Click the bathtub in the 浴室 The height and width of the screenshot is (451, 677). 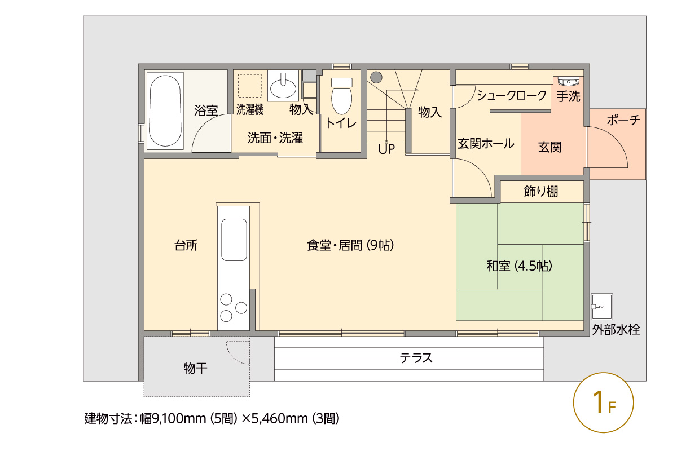[x=165, y=110]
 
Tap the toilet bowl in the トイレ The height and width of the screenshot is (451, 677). [x=342, y=96]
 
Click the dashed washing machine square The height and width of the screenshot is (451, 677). [x=250, y=86]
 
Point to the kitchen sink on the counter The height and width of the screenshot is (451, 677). [x=234, y=240]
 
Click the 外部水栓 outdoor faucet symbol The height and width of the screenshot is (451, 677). [x=602, y=306]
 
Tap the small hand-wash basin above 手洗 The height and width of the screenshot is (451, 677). [x=569, y=81]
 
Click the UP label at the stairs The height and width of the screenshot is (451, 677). [x=386, y=149]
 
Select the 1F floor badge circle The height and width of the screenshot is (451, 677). [x=604, y=403]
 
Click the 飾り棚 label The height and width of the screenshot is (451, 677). [x=541, y=192]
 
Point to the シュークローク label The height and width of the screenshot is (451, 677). [x=512, y=96]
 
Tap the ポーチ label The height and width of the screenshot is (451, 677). [x=623, y=120]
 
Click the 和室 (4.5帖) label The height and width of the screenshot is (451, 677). [x=520, y=266]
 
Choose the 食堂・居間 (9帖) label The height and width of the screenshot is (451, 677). [x=350, y=245]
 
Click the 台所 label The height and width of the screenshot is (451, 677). [x=186, y=245]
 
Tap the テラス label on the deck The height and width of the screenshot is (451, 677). [x=416, y=358]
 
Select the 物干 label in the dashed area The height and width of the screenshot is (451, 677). [x=196, y=368]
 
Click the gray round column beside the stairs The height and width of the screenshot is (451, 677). [x=376, y=77]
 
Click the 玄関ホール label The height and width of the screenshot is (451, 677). [x=486, y=144]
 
